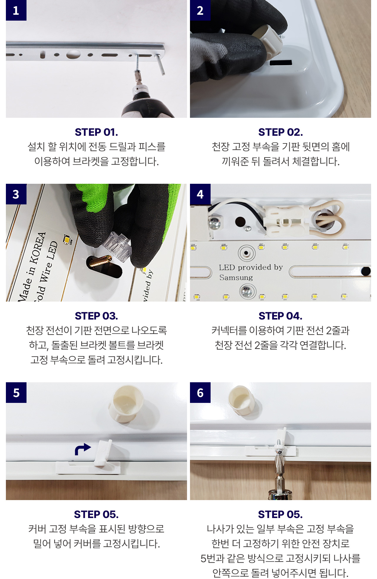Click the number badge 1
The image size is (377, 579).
[16, 10]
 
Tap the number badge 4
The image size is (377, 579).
[200, 194]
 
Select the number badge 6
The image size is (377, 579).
[200, 393]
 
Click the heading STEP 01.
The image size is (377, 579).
[96, 132]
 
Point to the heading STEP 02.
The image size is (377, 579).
[280, 132]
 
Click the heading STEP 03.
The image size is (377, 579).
[96, 316]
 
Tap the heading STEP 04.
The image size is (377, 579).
[280, 316]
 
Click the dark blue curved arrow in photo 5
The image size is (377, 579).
[82, 449]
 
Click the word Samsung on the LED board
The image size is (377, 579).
[236, 277]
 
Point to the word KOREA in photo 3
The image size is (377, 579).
[38, 248]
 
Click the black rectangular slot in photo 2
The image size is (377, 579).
[281, 62]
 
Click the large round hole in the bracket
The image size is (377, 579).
[73, 54]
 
